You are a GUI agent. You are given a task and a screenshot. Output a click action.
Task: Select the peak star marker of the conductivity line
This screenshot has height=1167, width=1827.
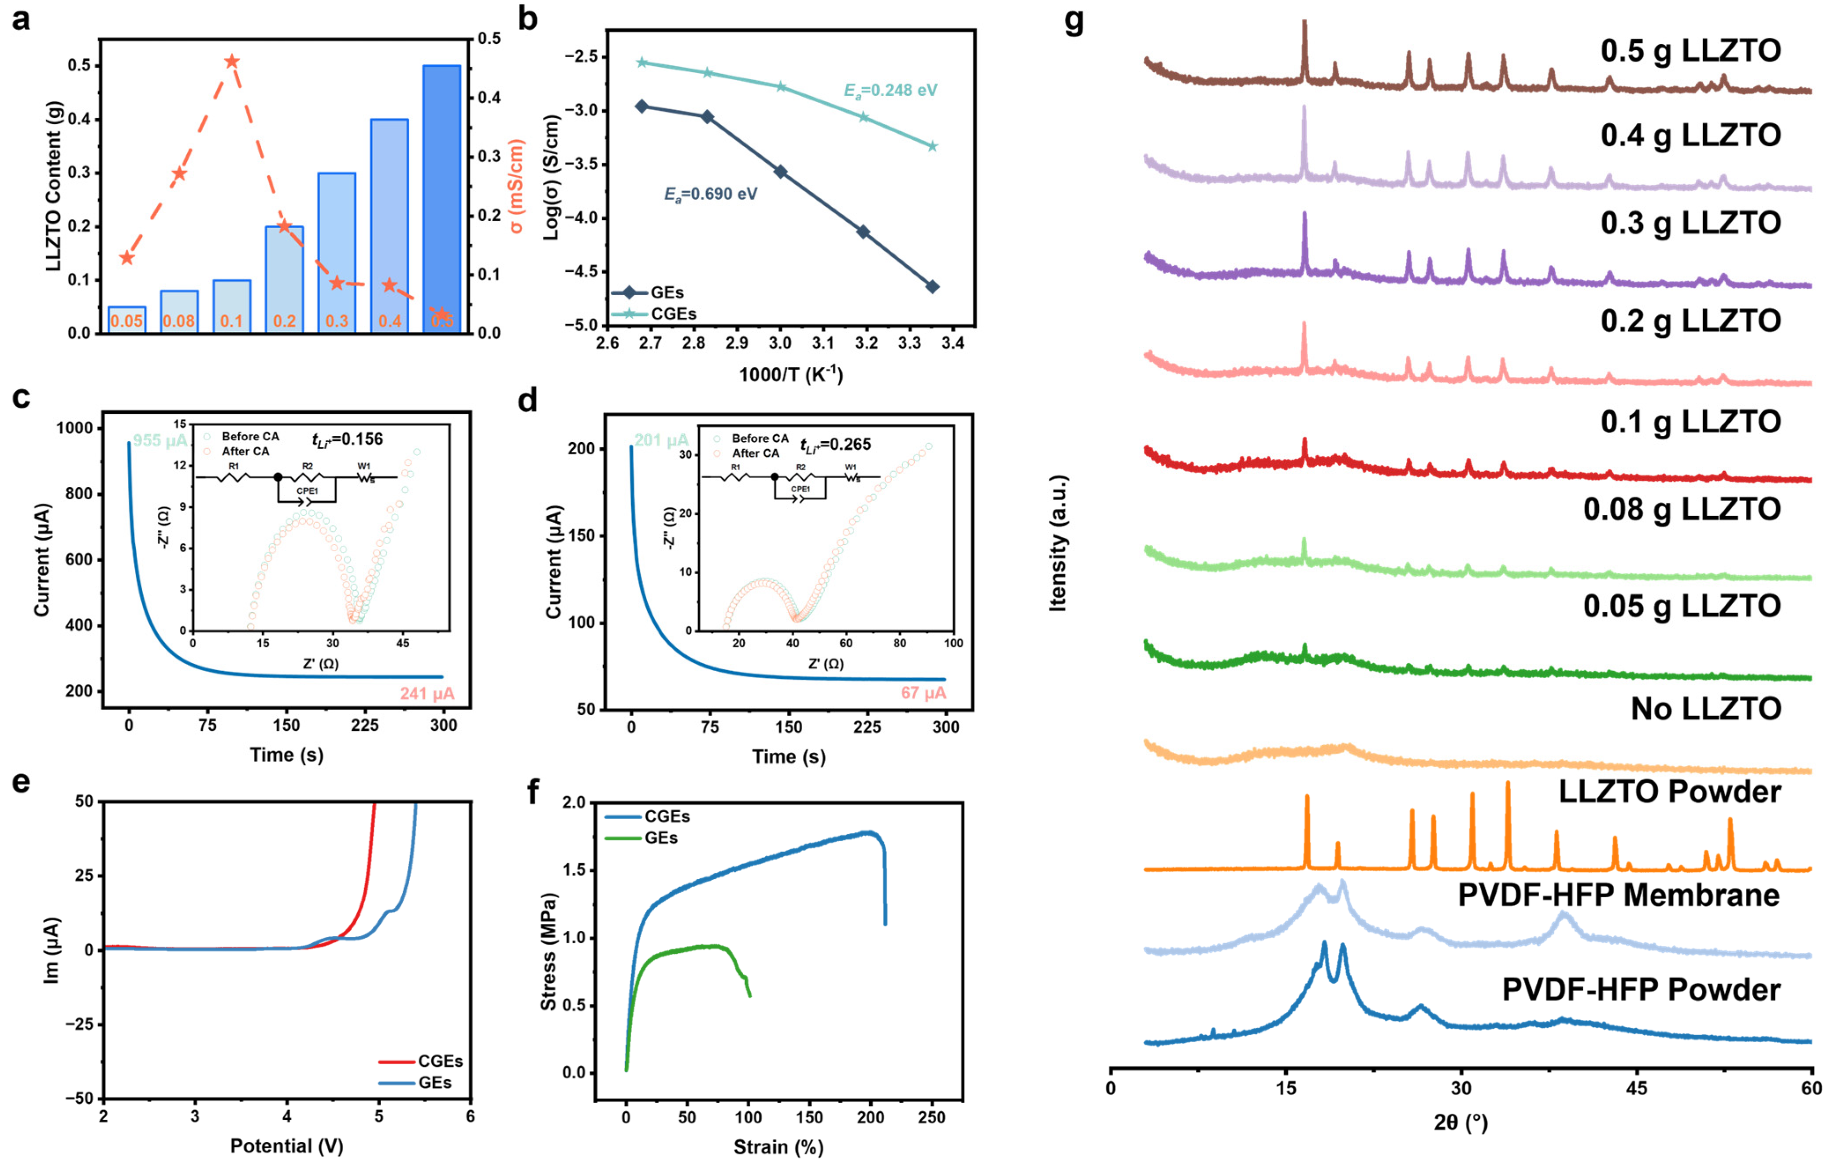pos(232,61)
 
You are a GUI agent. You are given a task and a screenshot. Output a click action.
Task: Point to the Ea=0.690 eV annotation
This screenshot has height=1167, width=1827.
pos(710,194)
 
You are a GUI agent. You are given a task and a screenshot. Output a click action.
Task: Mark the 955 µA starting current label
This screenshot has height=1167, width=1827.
pos(160,441)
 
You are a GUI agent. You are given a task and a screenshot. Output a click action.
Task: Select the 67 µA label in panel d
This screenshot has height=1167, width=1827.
pos(923,693)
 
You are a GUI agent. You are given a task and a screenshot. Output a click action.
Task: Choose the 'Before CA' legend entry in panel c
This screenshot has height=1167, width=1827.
pos(250,437)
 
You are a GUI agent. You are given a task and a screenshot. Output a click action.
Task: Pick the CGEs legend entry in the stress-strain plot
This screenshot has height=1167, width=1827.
pos(667,817)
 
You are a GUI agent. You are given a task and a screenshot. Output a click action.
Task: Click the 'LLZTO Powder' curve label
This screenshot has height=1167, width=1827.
pos(1669,792)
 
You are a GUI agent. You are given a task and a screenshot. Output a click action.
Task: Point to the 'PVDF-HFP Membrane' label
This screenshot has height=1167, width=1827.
pos(1618,896)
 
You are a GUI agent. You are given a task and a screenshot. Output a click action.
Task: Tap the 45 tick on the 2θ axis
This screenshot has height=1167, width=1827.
pos(1637,1088)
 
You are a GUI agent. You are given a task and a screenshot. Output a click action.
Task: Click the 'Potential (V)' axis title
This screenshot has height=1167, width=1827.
pos(287,1146)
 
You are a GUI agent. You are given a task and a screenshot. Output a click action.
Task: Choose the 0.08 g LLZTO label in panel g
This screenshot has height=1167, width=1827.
pos(1681,509)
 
